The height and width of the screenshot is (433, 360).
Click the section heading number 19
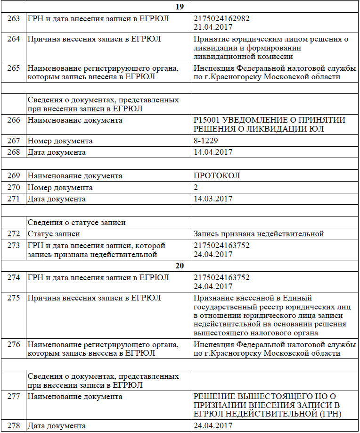179,7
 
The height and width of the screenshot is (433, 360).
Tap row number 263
14,18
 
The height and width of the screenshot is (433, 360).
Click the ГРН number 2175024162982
221,18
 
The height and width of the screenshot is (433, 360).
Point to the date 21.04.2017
213,27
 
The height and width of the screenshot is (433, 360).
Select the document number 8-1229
206,141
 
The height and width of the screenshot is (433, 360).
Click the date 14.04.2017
213,152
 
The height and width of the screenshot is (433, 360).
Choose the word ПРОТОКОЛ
217,176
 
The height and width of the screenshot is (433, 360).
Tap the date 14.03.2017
213,199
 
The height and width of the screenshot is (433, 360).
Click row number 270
14,188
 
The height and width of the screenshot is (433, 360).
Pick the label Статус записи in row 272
54,234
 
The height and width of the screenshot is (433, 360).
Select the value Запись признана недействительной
259,234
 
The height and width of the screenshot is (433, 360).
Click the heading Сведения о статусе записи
76,222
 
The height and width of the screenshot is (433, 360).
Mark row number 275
14,298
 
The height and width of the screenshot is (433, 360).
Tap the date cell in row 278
213,426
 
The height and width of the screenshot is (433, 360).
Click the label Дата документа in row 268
57,152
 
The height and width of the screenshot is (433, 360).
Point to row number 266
14,120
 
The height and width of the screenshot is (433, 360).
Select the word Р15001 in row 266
207,120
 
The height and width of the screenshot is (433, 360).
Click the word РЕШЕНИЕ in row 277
215,397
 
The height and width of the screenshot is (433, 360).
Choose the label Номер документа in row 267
60,141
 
